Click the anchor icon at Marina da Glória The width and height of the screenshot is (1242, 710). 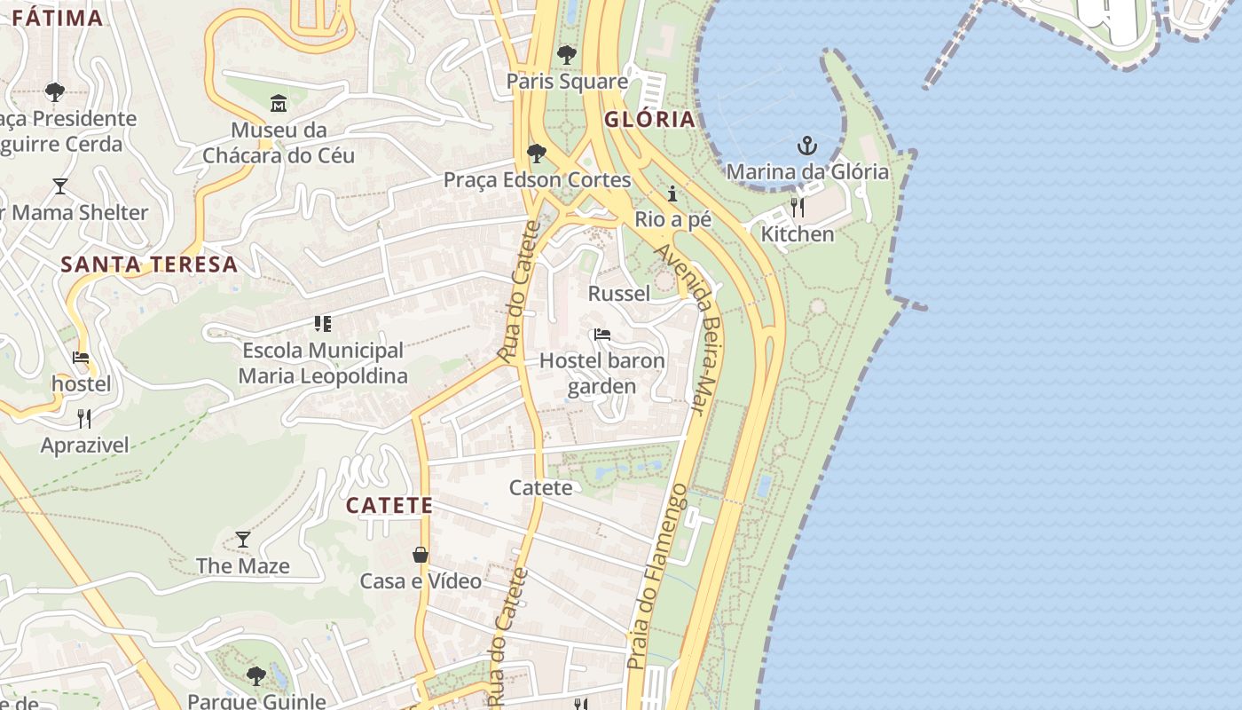[806, 146]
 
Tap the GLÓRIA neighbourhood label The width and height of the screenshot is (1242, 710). [649, 120]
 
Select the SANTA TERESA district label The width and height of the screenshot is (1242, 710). [149, 264]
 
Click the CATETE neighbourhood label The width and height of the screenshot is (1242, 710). [389, 506]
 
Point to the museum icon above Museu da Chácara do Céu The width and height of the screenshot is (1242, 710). [279, 104]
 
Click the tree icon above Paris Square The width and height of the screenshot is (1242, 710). [567, 55]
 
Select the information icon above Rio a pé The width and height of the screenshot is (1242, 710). [672, 193]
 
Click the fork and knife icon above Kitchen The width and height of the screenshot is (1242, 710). [798, 208]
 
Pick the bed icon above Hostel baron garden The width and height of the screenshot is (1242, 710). [602, 335]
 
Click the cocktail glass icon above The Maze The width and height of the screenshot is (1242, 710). [243, 539]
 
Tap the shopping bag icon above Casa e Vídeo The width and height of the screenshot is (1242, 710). [421, 555]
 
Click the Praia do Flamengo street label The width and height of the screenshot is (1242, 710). [656, 577]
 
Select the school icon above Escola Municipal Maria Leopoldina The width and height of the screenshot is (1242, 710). [323, 323]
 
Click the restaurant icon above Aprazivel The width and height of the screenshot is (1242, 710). [84, 418]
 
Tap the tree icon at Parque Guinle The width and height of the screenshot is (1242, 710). [256, 676]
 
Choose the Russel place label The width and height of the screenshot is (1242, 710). [619, 293]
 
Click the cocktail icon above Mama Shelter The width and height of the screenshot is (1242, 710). [60, 185]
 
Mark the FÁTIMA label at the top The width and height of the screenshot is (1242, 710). [58, 18]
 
